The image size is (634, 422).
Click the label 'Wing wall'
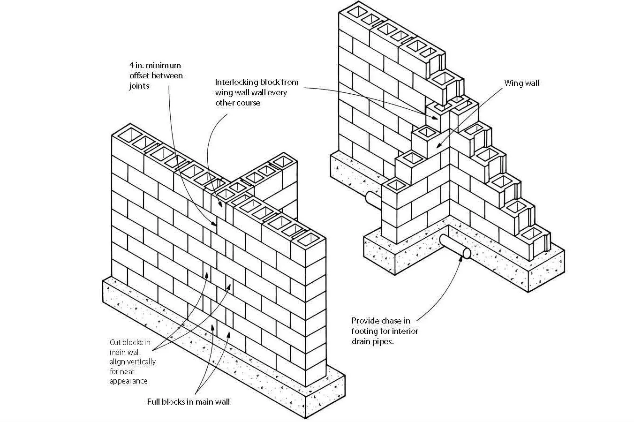(x=521, y=83)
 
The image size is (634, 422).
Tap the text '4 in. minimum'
(x=155, y=65)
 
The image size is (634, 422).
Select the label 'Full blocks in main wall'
(x=189, y=402)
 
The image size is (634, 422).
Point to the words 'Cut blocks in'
(x=130, y=342)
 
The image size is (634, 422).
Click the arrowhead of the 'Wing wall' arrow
(x=438, y=147)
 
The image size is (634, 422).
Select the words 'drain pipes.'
(x=373, y=341)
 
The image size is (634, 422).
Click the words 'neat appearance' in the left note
(x=128, y=376)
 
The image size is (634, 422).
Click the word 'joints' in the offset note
(x=139, y=86)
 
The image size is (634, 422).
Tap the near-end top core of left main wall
(x=308, y=239)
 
